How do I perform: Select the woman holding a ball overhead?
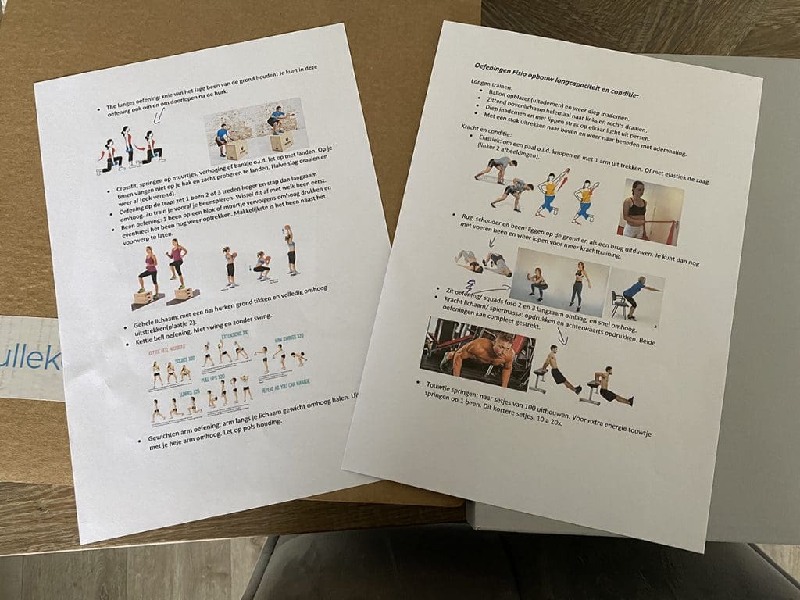[291, 250]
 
